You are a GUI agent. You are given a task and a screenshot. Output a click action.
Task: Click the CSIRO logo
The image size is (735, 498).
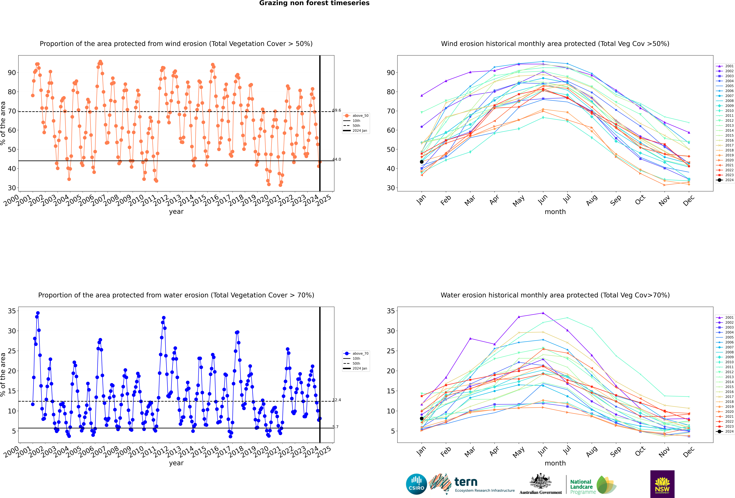pos(416,484)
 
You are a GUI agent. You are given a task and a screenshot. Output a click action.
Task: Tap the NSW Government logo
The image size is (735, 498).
pos(662,484)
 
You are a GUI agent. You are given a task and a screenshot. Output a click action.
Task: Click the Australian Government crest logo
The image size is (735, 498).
pos(541,484)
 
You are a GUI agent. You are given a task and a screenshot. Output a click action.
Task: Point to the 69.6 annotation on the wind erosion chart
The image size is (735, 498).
pos(337,110)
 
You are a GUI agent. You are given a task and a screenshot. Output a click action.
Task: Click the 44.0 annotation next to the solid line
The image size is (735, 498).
pos(337,159)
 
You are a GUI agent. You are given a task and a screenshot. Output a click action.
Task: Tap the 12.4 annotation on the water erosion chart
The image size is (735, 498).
pos(337,400)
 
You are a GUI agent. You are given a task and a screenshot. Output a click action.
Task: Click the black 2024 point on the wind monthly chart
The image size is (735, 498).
pos(422,162)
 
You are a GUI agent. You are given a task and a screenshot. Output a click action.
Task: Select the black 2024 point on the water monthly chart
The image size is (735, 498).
pos(422,418)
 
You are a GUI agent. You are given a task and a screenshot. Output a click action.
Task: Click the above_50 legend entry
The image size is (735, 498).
pos(356,116)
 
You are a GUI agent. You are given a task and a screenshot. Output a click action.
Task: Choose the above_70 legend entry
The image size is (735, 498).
pos(356,354)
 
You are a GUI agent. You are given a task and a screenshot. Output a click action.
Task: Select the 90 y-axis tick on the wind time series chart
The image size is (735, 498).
pos(12,73)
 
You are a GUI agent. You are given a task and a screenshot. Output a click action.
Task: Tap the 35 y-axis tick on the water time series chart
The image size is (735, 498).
pos(12,311)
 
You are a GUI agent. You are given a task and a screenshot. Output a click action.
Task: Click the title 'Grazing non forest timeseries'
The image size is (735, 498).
pos(314,3)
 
